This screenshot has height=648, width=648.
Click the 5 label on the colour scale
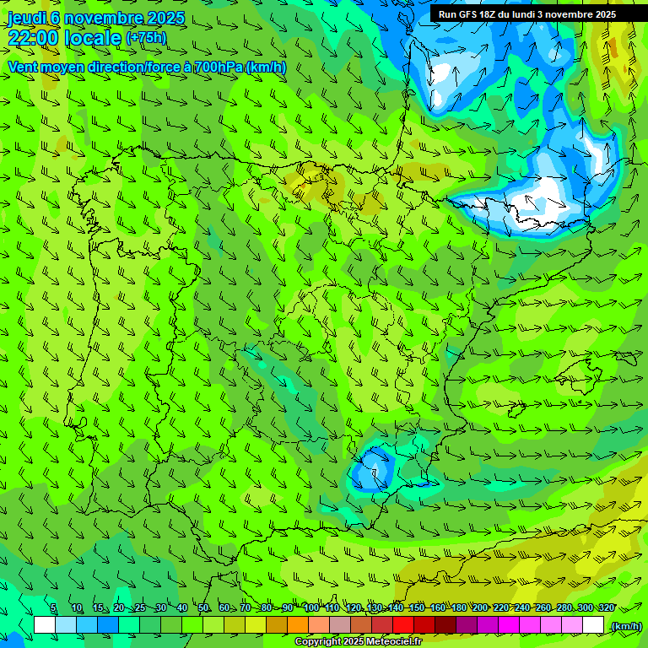(x=53, y=607)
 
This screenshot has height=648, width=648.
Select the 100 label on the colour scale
(x=311, y=607)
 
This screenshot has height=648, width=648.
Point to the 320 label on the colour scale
(x=607, y=607)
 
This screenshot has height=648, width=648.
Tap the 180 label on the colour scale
(x=458, y=607)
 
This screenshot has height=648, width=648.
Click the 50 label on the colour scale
(x=203, y=607)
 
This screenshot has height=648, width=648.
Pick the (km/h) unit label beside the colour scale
(x=625, y=626)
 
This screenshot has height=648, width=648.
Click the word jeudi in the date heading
(x=27, y=18)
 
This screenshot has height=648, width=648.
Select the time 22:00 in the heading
(x=33, y=38)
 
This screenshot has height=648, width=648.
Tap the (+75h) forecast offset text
(x=146, y=38)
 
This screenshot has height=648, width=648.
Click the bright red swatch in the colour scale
(x=403, y=625)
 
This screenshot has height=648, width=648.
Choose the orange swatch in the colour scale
(x=298, y=625)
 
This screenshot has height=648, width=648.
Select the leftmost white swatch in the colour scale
(x=45, y=625)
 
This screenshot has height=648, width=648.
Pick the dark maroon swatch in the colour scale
(x=445, y=625)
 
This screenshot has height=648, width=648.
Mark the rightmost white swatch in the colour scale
(x=593, y=625)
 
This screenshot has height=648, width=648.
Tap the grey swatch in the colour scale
(x=340, y=625)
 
